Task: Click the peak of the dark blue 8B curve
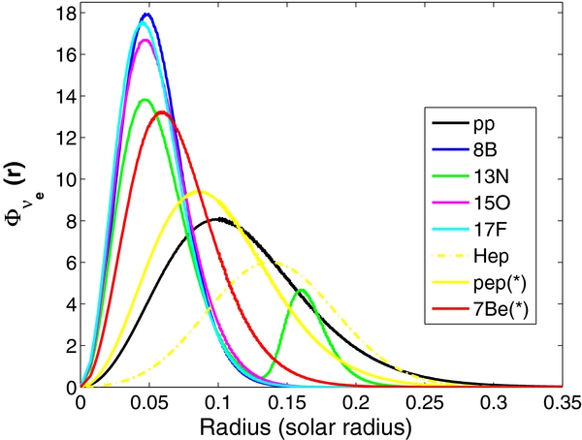pyautogui.click(x=146, y=15)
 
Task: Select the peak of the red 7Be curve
pyautogui.click(x=161, y=112)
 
